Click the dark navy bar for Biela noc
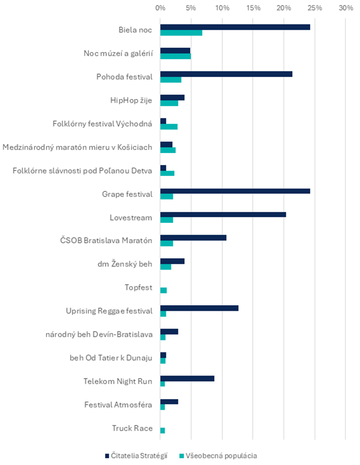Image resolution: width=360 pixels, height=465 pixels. tap(235, 27)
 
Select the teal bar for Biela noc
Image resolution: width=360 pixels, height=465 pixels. tap(181, 33)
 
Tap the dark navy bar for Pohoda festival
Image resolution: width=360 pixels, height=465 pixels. tap(226, 74)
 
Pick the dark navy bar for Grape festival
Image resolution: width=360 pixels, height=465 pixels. tap(235, 191)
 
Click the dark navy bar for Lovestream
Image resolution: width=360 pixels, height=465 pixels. tap(223, 215)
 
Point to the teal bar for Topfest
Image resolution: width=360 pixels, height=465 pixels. tap(163, 290)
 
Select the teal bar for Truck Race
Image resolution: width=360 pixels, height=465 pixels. tap(163, 431)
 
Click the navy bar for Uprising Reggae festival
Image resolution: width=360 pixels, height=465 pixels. tap(199, 309)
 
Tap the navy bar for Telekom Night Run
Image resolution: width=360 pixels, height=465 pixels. tap(187, 379)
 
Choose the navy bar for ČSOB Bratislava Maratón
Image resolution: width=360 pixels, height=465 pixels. tap(194, 238)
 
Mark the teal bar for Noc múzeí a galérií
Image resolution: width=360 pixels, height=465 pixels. tap(175, 56)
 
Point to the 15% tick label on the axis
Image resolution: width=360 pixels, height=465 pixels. tap(253, 8)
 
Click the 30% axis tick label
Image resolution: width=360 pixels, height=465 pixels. tap(346, 8)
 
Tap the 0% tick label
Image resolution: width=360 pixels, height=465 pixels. tap(160, 8)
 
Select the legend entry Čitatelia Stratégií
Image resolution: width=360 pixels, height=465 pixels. tap(136, 456)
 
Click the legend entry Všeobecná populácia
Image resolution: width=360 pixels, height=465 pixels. tap(218, 456)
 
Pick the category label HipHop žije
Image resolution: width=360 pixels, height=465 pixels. tap(131, 101)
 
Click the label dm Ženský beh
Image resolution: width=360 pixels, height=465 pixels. tap(125, 264)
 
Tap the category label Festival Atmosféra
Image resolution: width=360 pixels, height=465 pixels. tap(118, 405)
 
